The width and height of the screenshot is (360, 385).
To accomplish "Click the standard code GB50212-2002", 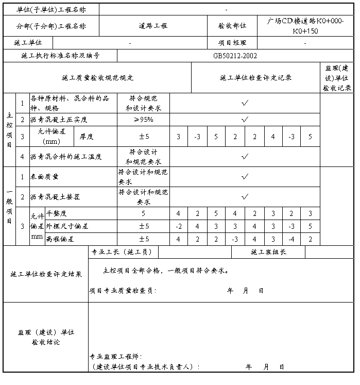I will (x=235, y=56).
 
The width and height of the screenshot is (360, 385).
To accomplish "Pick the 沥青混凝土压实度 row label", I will (x=59, y=120).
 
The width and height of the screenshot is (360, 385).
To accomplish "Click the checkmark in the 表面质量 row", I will (x=245, y=176).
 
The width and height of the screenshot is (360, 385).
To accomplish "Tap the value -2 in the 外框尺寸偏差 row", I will (x=178, y=226).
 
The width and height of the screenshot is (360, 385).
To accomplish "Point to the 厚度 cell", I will (x=86, y=137).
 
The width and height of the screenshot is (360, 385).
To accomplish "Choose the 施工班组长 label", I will (x=268, y=252).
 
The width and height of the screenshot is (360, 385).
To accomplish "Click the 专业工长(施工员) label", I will (x=117, y=252).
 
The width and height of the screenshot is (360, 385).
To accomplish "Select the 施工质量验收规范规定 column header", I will (x=97, y=78).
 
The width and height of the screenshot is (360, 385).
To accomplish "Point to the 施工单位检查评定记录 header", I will (x=255, y=78).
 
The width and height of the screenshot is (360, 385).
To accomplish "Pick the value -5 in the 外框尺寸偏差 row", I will (x=310, y=226).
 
